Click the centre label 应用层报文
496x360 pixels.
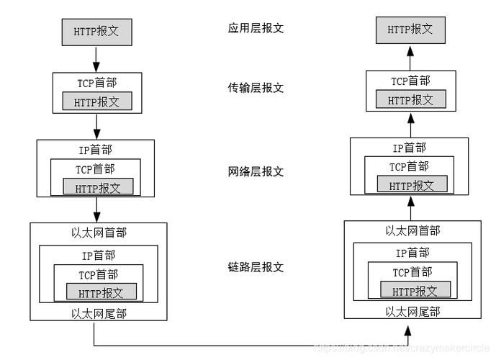256,29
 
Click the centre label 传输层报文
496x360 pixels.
256,88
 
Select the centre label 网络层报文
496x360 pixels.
256,172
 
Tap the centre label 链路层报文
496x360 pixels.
256,267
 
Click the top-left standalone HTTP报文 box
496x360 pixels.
96,31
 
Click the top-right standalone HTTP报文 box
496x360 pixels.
410,30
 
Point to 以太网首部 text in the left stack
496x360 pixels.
98,233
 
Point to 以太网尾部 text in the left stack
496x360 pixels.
98,313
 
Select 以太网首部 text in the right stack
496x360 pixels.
412,230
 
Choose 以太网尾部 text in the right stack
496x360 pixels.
412,311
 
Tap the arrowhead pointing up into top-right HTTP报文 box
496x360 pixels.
410,50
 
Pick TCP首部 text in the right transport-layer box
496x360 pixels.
410,81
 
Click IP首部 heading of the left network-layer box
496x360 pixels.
96,150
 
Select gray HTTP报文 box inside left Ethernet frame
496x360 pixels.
101,292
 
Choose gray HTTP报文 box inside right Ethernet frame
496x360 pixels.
415,290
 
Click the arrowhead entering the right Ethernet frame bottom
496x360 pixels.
409,330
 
